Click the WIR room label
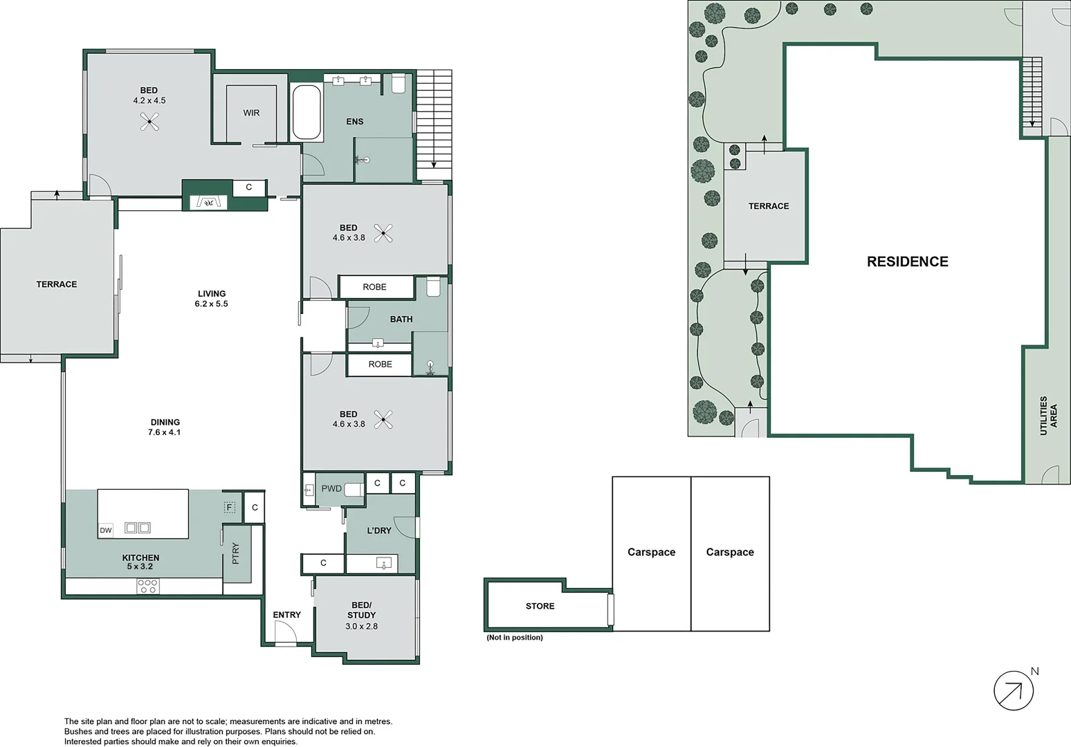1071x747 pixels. (251, 113)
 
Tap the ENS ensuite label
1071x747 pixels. (354, 122)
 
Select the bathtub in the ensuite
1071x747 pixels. (306, 112)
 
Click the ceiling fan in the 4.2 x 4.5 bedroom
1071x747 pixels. (149, 122)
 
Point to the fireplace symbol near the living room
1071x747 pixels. (208, 202)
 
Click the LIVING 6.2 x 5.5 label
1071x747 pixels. (211, 299)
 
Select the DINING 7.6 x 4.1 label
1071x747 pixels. (165, 427)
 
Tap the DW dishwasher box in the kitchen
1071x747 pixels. (106, 531)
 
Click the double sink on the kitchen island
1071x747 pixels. (137, 528)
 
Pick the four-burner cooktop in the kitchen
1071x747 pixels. (148, 586)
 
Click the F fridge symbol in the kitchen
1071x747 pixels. (230, 508)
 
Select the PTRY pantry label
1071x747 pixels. (236, 553)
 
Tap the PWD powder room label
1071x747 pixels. (331, 488)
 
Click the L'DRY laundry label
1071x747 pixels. (378, 531)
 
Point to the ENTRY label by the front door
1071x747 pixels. (286, 615)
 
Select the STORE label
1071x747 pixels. (540, 606)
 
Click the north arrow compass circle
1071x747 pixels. (1014, 690)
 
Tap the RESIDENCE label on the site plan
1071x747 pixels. (907, 261)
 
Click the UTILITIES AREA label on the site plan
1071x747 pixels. (1048, 416)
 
